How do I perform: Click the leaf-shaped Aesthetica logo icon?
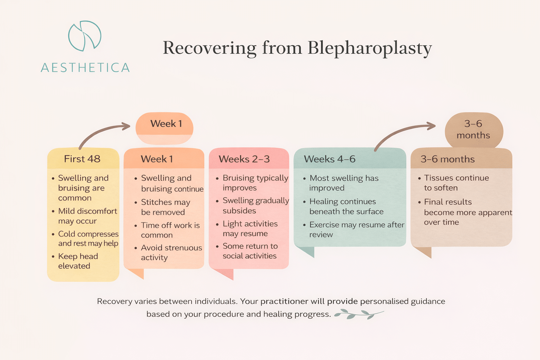[x=85, y=36]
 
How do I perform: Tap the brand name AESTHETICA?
[x=85, y=67]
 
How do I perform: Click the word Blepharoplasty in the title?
[x=369, y=48]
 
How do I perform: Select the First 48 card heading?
[x=82, y=159]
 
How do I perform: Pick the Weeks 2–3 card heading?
[x=244, y=159]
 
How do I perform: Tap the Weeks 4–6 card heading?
[x=329, y=159]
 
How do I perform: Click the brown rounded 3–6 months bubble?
[x=473, y=130]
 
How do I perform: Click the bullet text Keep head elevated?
[x=78, y=261]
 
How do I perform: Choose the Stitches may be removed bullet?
[x=165, y=207]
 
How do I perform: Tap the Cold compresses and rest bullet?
[x=88, y=239]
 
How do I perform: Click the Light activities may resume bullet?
[x=250, y=229]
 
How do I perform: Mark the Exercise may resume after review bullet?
[x=356, y=230]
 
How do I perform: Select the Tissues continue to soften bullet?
[x=456, y=183]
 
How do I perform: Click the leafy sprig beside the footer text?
[x=358, y=314]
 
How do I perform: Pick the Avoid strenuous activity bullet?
[x=171, y=252]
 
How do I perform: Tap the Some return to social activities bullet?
[x=250, y=251]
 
